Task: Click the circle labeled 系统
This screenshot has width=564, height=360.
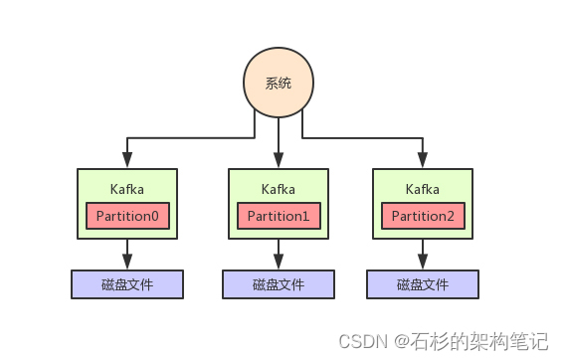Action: (x=279, y=83)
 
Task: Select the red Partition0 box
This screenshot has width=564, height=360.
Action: (x=127, y=215)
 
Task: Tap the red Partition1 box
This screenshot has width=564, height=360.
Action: (x=279, y=215)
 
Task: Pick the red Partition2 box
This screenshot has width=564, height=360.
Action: (x=423, y=215)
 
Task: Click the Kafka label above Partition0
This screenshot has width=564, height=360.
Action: (x=127, y=188)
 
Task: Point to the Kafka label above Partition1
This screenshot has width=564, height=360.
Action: (x=279, y=188)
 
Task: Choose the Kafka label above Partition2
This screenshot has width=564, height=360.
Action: (x=423, y=188)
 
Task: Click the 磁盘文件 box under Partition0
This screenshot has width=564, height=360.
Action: (x=127, y=284)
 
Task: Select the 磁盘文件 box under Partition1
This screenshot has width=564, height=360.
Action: (x=279, y=284)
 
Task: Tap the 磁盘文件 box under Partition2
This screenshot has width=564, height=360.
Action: (x=423, y=284)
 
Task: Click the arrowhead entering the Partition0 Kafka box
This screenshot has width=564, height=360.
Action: (x=127, y=162)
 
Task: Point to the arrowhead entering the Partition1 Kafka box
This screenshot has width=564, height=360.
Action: (x=279, y=162)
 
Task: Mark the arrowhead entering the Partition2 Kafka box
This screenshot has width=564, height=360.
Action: (x=423, y=162)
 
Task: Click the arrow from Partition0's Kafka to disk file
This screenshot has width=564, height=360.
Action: (x=127, y=254)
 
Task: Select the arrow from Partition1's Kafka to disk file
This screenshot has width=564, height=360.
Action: (x=279, y=254)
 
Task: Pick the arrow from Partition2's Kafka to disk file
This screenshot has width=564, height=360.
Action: (x=423, y=254)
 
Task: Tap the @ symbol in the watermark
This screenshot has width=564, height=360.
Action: (x=399, y=341)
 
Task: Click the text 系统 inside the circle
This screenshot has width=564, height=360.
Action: (x=279, y=84)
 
